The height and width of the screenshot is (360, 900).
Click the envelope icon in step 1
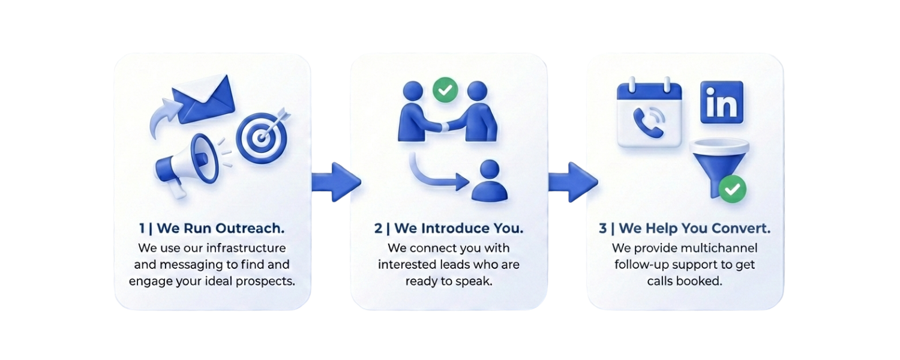(203, 98)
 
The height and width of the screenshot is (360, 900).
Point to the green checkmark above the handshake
(445, 91)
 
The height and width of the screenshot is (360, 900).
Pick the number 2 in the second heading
(378, 229)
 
